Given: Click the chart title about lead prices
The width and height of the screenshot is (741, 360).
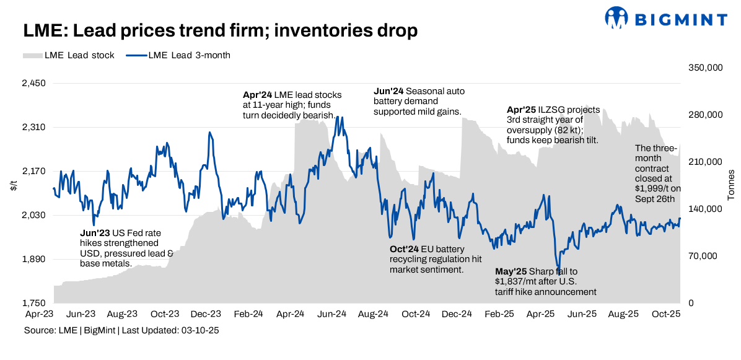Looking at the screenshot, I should tap(221, 30).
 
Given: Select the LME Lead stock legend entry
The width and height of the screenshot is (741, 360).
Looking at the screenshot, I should tap(69, 55).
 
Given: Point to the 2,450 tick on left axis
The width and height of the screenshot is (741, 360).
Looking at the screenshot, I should tap(35, 84).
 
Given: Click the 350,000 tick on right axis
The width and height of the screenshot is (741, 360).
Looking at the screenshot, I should tap(706, 68).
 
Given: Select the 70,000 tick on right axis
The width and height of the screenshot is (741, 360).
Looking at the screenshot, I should tap(703, 256).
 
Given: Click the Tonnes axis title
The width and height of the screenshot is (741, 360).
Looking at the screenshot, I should tap(731, 185).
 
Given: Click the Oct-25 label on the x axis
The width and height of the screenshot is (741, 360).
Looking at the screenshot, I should tap(666, 315).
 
